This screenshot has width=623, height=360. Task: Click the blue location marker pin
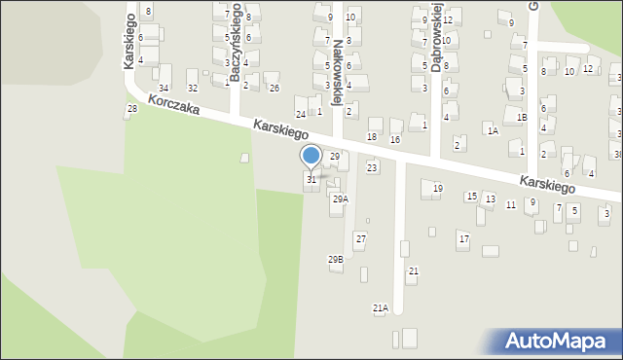click(x=311, y=157)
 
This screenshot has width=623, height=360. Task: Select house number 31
click(x=311, y=180)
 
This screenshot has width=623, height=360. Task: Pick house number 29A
click(x=340, y=198)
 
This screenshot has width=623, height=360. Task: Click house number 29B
click(x=335, y=260)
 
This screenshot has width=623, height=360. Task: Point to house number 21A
click(x=381, y=308)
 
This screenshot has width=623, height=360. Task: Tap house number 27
click(x=360, y=239)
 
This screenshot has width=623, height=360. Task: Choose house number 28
click(x=132, y=109)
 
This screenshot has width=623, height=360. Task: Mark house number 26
click(x=275, y=89)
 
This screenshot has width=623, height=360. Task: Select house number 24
click(x=301, y=115)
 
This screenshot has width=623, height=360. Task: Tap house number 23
click(x=372, y=168)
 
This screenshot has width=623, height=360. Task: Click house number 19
click(x=438, y=189)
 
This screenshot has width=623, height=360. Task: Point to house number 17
click(x=463, y=238)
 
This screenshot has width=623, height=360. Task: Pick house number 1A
click(x=494, y=130)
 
